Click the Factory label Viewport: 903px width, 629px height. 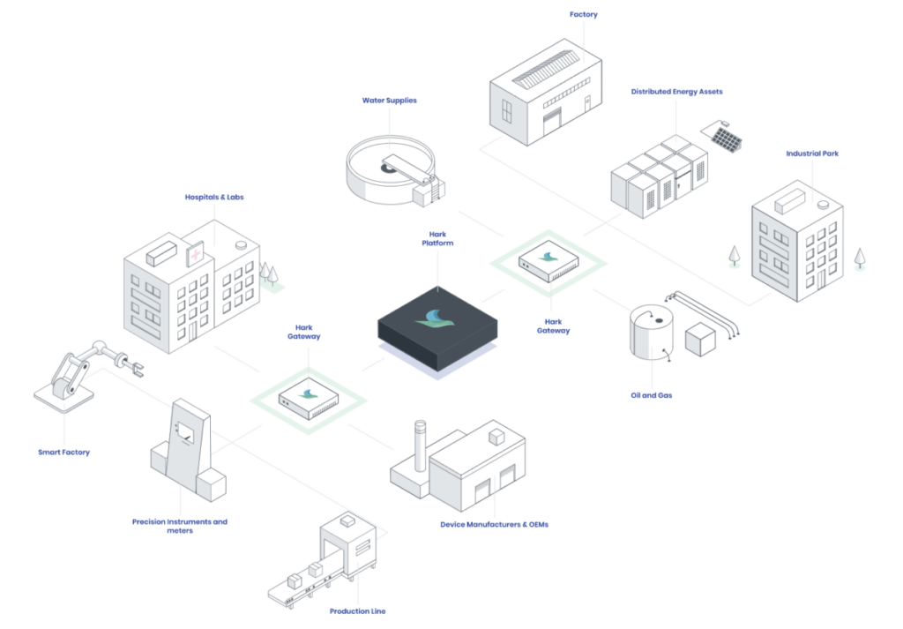pyautogui.click(x=584, y=14)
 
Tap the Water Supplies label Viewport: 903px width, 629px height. pyautogui.click(x=389, y=101)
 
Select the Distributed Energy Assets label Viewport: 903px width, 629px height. pyautogui.click(x=676, y=92)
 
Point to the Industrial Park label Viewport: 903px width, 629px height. pyautogui.click(x=812, y=154)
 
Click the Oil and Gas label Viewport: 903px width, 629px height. pyautogui.click(x=652, y=395)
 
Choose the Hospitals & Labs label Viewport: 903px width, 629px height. pyautogui.click(x=214, y=197)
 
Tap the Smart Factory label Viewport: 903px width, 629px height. pyautogui.click(x=63, y=453)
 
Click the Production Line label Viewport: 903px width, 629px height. pyautogui.click(x=358, y=611)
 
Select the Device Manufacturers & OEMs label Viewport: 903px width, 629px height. pyautogui.click(x=494, y=525)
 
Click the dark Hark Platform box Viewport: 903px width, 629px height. pyautogui.click(x=437, y=329)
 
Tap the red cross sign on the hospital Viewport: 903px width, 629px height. pyautogui.click(x=195, y=254)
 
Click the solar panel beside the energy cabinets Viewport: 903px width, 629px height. pyautogui.click(x=726, y=139)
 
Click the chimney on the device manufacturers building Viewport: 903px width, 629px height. pyautogui.click(x=420, y=446)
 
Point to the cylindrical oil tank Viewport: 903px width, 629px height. pyautogui.click(x=652, y=333)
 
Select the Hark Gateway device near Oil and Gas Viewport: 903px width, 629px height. pyautogui.click(x=549, y=261)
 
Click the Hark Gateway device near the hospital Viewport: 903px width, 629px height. pyautogui.click(x=308, y=397)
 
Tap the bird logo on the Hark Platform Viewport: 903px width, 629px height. pyautogui.click(x=436, y=318)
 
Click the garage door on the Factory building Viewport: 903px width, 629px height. pyautogui.click(x=552, y=122)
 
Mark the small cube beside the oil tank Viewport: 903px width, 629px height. pyautogui.click(x=700, y=340)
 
